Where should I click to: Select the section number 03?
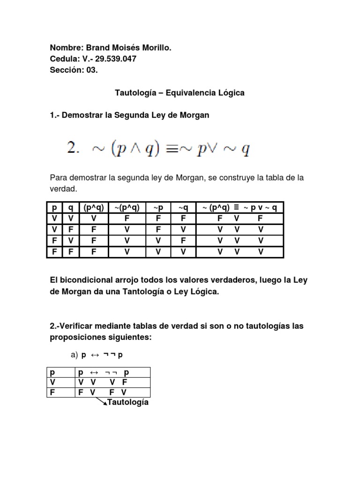[93, 70]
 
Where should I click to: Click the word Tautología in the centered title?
[135, 93]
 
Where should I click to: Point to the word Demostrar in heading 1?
[83, 115]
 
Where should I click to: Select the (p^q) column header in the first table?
[93, 208]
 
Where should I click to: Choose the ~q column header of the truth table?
[183, 208]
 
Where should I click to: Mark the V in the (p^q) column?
[93, 218]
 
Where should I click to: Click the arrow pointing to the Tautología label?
[101, 401]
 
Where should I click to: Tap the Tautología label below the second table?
[128, 403]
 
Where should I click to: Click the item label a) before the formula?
[74, 355]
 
